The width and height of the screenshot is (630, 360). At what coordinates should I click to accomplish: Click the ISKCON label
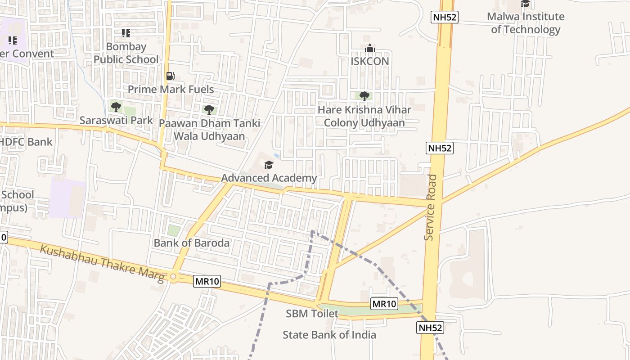(369, 61)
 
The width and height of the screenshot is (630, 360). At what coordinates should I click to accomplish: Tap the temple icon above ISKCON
(369, 48)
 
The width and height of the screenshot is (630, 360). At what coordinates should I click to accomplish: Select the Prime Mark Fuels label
(171, 89)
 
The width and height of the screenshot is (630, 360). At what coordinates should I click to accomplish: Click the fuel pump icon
(170, 76)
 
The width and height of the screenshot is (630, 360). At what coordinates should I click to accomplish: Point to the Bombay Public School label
(126, 53)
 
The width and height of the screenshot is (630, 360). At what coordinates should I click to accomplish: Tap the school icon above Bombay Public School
(126, 33)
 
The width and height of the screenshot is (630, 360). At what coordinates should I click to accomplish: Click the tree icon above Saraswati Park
(116, 107)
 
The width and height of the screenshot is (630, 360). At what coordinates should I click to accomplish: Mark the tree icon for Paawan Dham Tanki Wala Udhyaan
(209, 109)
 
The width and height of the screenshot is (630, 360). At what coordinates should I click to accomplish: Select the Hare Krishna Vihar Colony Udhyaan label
(364, 116)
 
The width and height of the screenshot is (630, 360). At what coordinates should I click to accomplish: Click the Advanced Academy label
(269, 178)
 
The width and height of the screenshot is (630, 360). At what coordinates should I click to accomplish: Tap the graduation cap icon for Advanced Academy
(269, 165)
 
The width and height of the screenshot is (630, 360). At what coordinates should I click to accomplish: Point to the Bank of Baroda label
(192, 243)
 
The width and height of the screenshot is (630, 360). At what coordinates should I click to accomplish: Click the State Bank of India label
(329, 335)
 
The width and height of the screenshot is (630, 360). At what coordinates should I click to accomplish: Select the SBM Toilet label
(312, 314)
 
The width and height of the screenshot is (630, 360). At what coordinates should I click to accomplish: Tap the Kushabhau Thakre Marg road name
(102, 263)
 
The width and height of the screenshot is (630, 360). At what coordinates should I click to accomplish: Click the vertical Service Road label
(431, 207)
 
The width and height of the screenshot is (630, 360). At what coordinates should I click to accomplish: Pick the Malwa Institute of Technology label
(526, 23)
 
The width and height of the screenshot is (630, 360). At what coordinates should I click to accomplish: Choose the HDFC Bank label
(26, 142)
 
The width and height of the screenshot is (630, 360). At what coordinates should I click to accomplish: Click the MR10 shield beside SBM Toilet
(384, 304)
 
